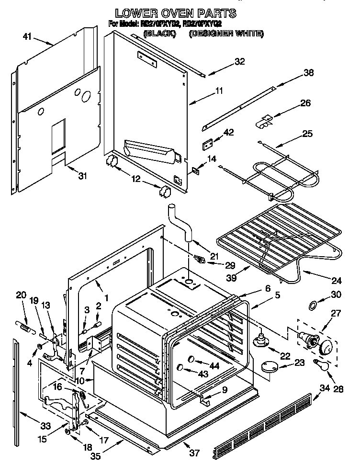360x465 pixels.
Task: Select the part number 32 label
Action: [x=239, y=61]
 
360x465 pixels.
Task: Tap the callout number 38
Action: [x=309, y=73]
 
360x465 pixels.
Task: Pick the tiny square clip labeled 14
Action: [x=196, y=170]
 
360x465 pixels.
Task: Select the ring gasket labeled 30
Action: [x=312, y=305]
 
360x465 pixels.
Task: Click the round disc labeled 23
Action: [x=272, y=366]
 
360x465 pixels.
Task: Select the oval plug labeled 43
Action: [x=181, y=367]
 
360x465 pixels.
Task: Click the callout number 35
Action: [x=96, y=455]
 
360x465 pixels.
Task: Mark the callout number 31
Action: [x=83, y=176]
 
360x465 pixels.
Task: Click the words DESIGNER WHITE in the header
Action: [x=226, y=34]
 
